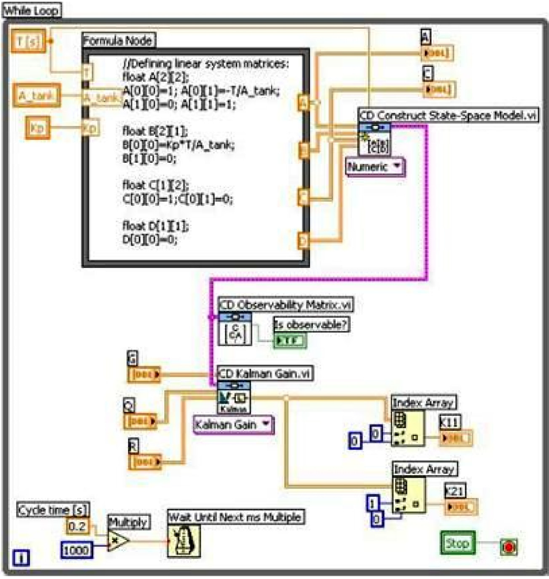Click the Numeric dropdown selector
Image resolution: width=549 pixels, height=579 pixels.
(374, 167)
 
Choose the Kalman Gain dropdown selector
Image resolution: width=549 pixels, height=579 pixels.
(233, 425)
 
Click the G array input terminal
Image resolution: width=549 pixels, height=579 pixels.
(144, 375)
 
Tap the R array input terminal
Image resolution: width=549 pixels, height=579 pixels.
(144, 461)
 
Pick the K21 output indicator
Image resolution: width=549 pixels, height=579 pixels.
(460, 507)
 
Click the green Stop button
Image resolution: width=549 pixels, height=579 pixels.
(458, 543)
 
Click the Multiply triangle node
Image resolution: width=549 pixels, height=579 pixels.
(118, 541)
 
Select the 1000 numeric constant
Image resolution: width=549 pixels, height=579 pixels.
(76, 550)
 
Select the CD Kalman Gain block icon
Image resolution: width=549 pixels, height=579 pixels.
(233, 397)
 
